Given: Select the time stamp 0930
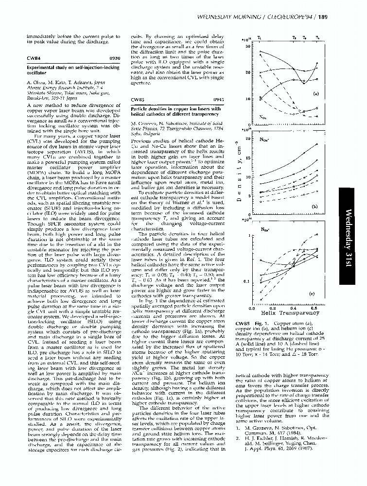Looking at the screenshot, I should [x=114, y=58].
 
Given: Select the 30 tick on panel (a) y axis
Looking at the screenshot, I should [x=247, y=47].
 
